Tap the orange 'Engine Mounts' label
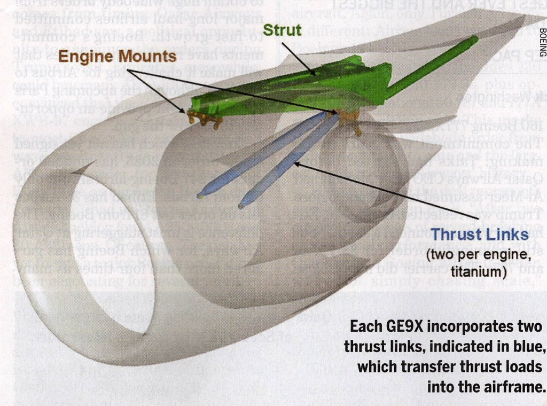pyautogui.click(x=117, y=56)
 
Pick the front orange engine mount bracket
pyautogui.click(x=203, y=119)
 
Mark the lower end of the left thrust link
pyautogui.click(x=201, y=196)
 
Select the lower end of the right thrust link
pyautogui.click(x=243, y=204)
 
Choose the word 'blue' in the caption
pyautogui.click(x=528, y=346)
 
